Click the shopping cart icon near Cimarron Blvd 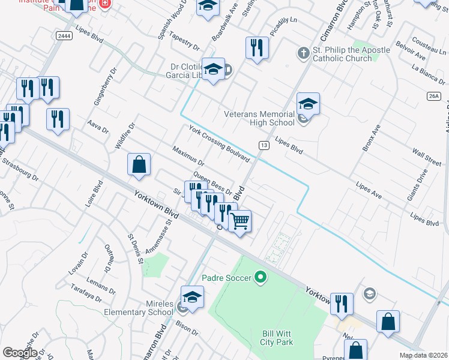[x=240, y=221]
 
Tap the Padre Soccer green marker [x=260, y=277]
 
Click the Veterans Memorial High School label [x=259, y=118]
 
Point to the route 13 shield [x=264, y=145]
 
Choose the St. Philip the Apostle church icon [x=304, y=54]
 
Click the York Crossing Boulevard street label [x=219, y=144]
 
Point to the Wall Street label [x=426, y=159]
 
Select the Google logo [x=20, y=353]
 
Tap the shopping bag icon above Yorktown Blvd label [x=139, y=166]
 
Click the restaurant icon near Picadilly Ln [x=257, y=48]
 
